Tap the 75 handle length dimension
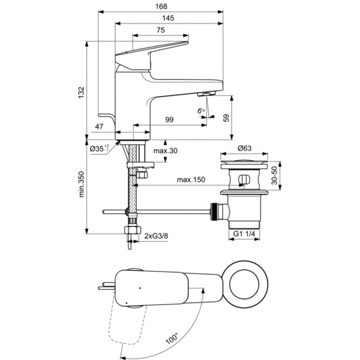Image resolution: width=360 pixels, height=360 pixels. pyautogui.click(x=161, y=31)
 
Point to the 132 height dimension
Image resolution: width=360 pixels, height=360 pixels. pyautogui.click(x=82, y=91)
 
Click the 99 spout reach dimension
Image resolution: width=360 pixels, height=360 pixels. pyautogui.click(x=169, y=120)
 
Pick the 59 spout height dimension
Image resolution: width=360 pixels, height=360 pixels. pyautogui.click(x=226, y=118)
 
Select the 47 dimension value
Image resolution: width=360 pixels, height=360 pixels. pyautogui.click(x=100, y=127)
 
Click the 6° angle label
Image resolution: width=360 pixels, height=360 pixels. pyautogui.click(x=202, y=110)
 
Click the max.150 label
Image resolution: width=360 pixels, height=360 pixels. pyautogui.click(x=191, y=179)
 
